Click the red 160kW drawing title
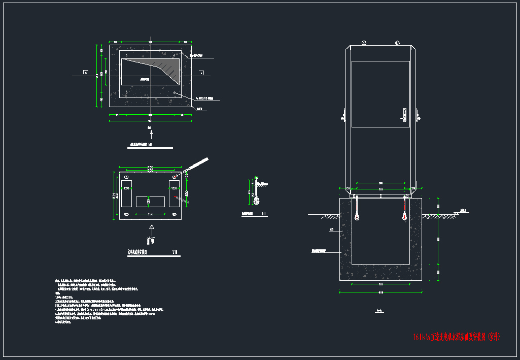coord(457,337)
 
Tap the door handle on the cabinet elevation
coord(404,114)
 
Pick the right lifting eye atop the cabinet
coord(397,43)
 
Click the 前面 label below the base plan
coord(151,240)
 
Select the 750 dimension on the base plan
coord(150,168)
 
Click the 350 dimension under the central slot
coord(150,214)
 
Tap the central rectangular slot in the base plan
coord(150,201)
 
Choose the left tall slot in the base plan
coord(126,193)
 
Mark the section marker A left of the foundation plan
coord(86,73)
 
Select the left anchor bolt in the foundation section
coord(357,208)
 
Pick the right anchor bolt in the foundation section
coord(404,208)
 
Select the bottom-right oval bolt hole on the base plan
coord(175,215)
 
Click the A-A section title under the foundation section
coord(379,312)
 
